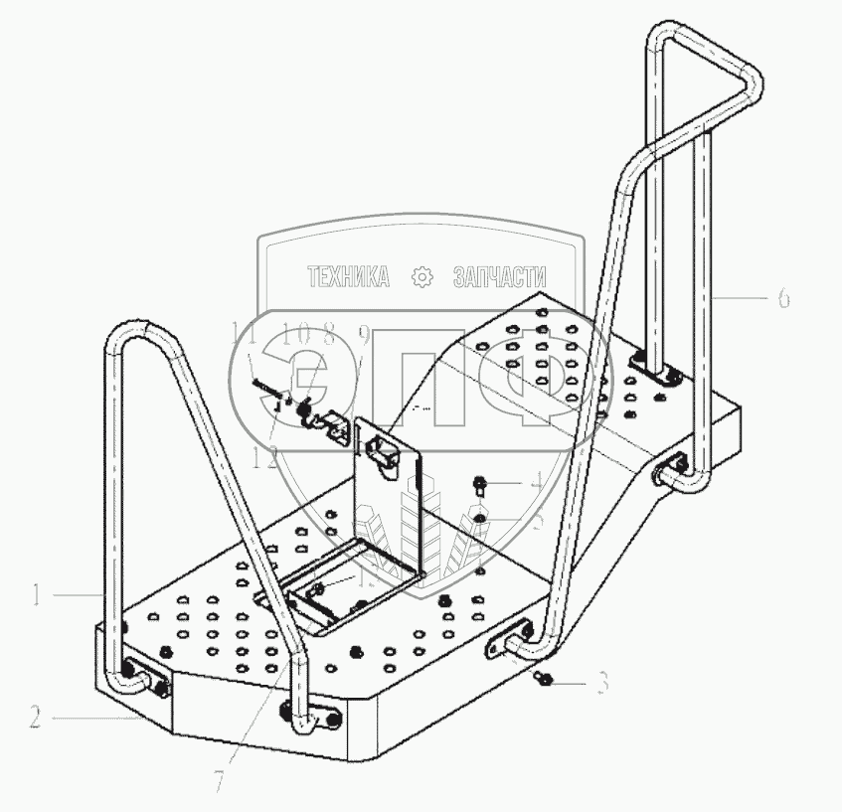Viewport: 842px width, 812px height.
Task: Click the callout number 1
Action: (35, 595)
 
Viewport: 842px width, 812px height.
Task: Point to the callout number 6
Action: (783, 297)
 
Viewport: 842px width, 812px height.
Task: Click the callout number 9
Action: (364, 335)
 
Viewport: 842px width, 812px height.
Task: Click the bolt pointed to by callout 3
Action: (544, 679)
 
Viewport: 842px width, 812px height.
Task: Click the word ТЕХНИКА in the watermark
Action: (348, 277)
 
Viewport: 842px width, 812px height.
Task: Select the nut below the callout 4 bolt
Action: (479, 517)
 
